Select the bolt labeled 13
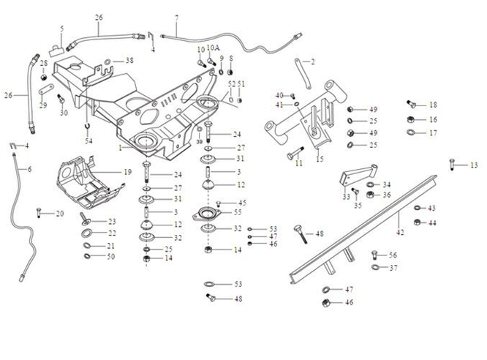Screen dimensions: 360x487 [453, 165]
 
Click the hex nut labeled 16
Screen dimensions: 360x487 [412, 119]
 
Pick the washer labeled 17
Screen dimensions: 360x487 [412, 133]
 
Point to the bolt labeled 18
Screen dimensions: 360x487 [410, 105]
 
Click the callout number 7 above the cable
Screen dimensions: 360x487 [175, 18]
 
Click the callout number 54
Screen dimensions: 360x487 [88, 140]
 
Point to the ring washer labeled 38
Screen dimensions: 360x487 [107, 61]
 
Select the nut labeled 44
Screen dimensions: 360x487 [416, 222]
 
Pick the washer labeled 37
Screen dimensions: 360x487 [375, 268]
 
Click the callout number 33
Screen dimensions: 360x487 [346, 197]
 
